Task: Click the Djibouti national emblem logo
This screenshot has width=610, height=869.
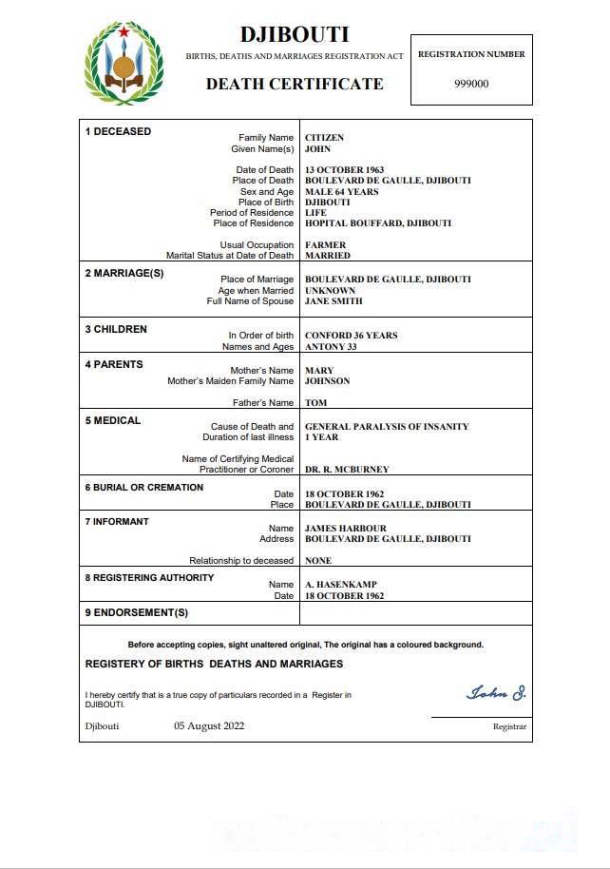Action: tap(124, 65)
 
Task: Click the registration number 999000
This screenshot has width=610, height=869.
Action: tap(471, 83)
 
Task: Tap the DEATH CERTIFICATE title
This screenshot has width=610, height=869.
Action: tap(295, 84)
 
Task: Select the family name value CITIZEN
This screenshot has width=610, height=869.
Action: tap(324, 138)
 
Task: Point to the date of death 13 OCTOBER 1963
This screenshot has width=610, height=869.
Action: tap(344, 170)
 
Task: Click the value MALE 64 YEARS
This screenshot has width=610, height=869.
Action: tap(341, 192)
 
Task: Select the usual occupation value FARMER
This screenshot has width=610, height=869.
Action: tap(325, 245)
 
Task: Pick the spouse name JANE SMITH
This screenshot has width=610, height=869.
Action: tap(334, 301)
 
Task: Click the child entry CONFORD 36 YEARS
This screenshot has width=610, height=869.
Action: tap(351, 336)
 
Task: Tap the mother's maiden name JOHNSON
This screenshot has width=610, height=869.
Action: tap(327, 381)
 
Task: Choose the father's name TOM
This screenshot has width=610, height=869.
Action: tap(315, 403)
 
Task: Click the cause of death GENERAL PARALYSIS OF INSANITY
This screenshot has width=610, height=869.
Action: tap(387, 427)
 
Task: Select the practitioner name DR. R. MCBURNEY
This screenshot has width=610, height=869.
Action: tap(347, 470)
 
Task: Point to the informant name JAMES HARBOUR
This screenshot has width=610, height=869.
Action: tap(347, 529)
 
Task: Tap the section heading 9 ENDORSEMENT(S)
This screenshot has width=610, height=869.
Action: tap(137, 612)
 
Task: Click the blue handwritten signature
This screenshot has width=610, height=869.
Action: tap(496, 692)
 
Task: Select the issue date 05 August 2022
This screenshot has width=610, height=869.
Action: tap(209, 726)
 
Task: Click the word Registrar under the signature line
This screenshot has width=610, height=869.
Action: tap(509, 727)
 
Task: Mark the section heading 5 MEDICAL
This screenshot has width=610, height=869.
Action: tap(113, 420)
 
